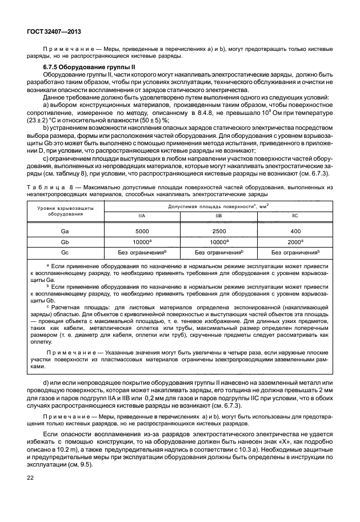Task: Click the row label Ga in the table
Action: click(65, 231)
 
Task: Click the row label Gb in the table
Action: click(65, 242)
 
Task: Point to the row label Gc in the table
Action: click(65, 252)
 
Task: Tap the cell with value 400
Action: click(295, 231)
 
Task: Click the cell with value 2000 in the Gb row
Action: click(295, 242)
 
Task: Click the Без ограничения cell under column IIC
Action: click(295, 252)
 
